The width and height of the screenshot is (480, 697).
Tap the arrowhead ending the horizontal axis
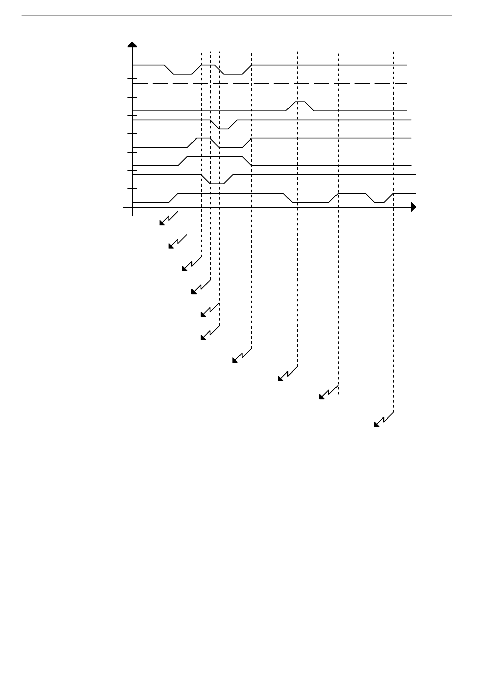click(413, 207)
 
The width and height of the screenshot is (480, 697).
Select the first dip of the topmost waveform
click(183, 74)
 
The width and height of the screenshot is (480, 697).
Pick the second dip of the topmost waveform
click(233, 74)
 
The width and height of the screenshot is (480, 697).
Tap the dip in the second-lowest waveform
click(217, 183)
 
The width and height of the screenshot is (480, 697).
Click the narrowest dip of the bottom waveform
click(379, 202)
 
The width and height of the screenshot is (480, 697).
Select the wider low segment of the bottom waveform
click(311, 202)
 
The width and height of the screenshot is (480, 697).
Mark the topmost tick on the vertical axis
click(132, 79)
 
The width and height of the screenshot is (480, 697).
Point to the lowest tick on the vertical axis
click(132, 189)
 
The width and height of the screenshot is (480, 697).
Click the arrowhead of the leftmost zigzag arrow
click(162, 223)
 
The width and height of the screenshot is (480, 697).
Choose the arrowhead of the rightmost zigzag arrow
click(376, 424)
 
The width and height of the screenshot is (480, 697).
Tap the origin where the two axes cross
click(132, 207)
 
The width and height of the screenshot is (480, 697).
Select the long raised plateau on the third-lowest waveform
click(215, 157)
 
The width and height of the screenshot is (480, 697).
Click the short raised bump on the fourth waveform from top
click(203, 138)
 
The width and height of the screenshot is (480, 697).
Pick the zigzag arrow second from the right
click(322, 397)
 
